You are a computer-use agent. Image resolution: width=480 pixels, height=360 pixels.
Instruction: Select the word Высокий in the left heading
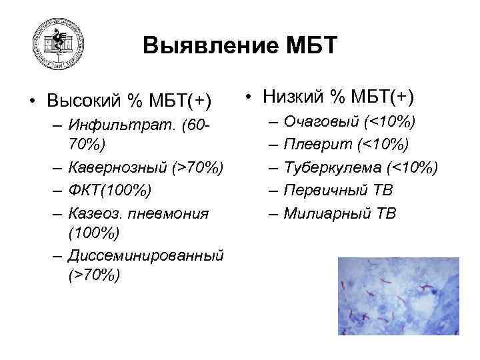point(85,101)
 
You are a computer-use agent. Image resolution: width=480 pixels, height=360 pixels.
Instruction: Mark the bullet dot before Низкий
point(247,98)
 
